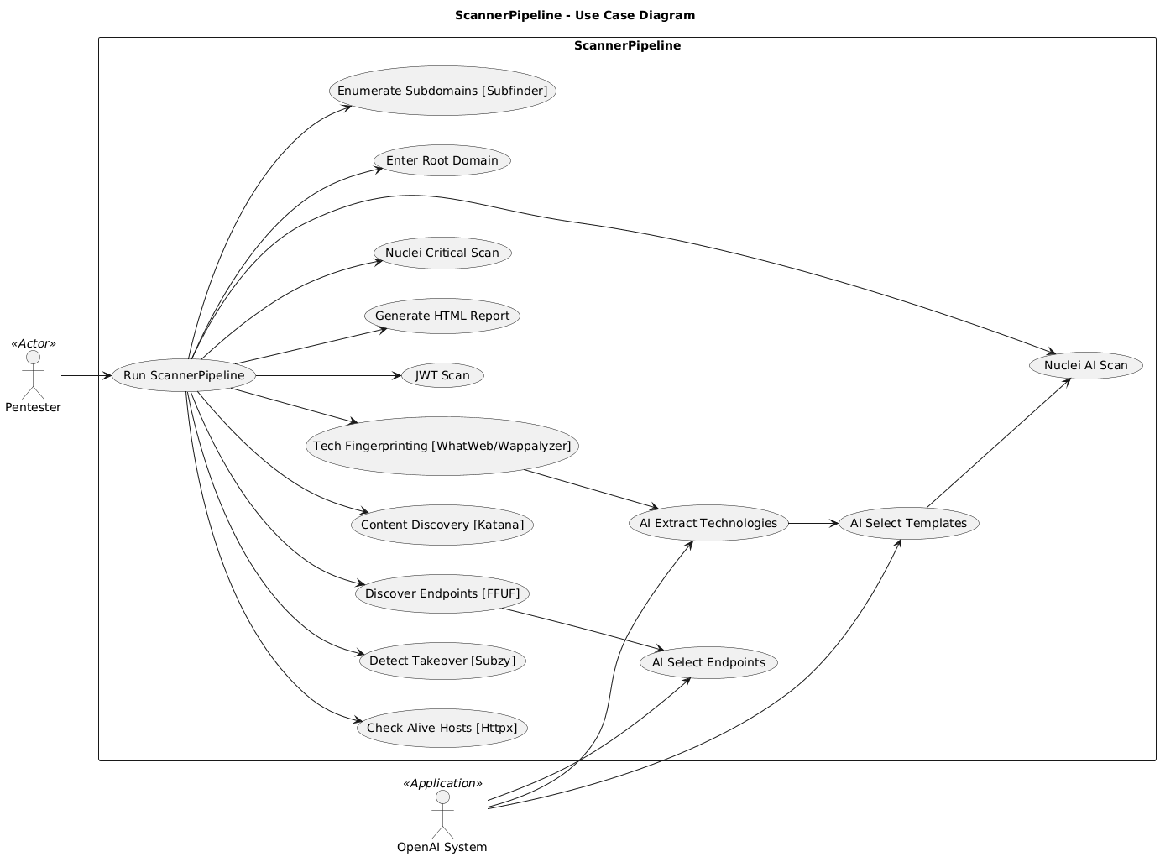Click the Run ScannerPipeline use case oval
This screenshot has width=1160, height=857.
pos(184,375)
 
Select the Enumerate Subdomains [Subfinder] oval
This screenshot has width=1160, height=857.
pos(442,91)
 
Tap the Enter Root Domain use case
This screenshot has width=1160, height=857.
pos(442,160)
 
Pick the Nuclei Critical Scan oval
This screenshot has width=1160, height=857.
pos(442,253)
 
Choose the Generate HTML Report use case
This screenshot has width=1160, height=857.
pos(442,316)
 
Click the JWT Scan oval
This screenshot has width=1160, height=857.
pos(442,375)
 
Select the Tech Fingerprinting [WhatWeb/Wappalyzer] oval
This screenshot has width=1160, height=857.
pos(442,446)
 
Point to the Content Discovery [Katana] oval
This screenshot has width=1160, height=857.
pos(442,525)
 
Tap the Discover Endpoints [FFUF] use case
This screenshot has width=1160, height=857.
pos(442,594)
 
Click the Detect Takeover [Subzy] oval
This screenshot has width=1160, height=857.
pos(442,661)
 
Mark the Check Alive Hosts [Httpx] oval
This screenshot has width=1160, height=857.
pos(442,728)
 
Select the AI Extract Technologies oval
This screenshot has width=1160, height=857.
pos(708,523)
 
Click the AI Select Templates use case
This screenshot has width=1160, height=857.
pos(908,523)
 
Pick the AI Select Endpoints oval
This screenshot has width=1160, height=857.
pos(708,662)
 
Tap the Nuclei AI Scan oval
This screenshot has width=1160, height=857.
pos(1085,365)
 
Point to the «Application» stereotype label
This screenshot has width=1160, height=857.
pos(442,783)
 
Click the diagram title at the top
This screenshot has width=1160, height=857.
pos(574,15)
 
